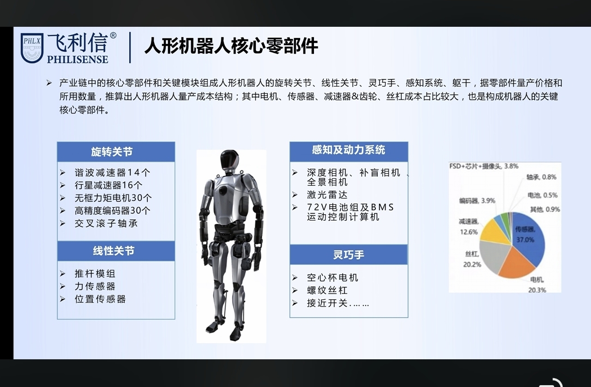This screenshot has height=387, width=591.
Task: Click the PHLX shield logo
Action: coord(32,48)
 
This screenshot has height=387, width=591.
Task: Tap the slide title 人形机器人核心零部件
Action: coord(231,46)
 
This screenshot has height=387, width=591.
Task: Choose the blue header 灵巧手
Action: coord(349,254)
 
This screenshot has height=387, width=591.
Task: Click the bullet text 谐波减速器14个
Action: coord(112,173)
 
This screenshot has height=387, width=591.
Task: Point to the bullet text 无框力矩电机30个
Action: coord(113,198)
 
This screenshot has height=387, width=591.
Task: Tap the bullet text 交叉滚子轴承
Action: coord(106,224)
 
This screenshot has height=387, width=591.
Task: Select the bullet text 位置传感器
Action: coord(100,299)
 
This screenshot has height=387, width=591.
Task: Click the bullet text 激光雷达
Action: coord(327,195)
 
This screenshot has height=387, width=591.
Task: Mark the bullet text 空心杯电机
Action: coord(332,278)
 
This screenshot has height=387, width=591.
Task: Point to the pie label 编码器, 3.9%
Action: coord(477,201)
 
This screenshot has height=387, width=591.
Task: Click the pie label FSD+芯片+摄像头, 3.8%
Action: coord(484,166)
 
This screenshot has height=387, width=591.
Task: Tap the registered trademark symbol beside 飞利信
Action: coord(113,36)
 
